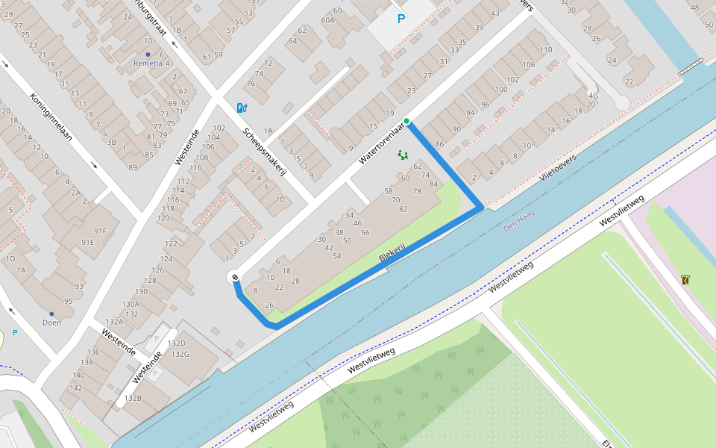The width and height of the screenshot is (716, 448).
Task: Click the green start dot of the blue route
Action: (x=406, y=121)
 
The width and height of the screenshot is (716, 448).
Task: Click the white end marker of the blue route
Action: (x=235, y=278)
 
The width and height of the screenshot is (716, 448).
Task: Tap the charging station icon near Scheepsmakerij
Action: (x=241, y=108)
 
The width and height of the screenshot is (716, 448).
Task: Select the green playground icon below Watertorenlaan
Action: (x=403, y=155)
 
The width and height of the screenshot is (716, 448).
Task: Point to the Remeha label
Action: (x=148, y=63)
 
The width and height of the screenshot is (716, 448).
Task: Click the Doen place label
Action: (x=51, y=323)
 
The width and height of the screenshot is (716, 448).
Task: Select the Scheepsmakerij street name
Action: (x=265, y=152)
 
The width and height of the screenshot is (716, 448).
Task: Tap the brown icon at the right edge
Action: (x=685, y=280)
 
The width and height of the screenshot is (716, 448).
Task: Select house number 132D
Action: (x=178, y=343)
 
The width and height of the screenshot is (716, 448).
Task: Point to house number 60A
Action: (x=327, y=20)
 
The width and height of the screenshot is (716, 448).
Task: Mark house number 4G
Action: (x=593, y=96)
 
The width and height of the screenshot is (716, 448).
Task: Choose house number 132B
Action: (x=133, y=398)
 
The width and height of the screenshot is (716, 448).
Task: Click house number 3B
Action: (x=111, y=142)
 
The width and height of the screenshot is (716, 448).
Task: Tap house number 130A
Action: (x=131, y=304)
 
